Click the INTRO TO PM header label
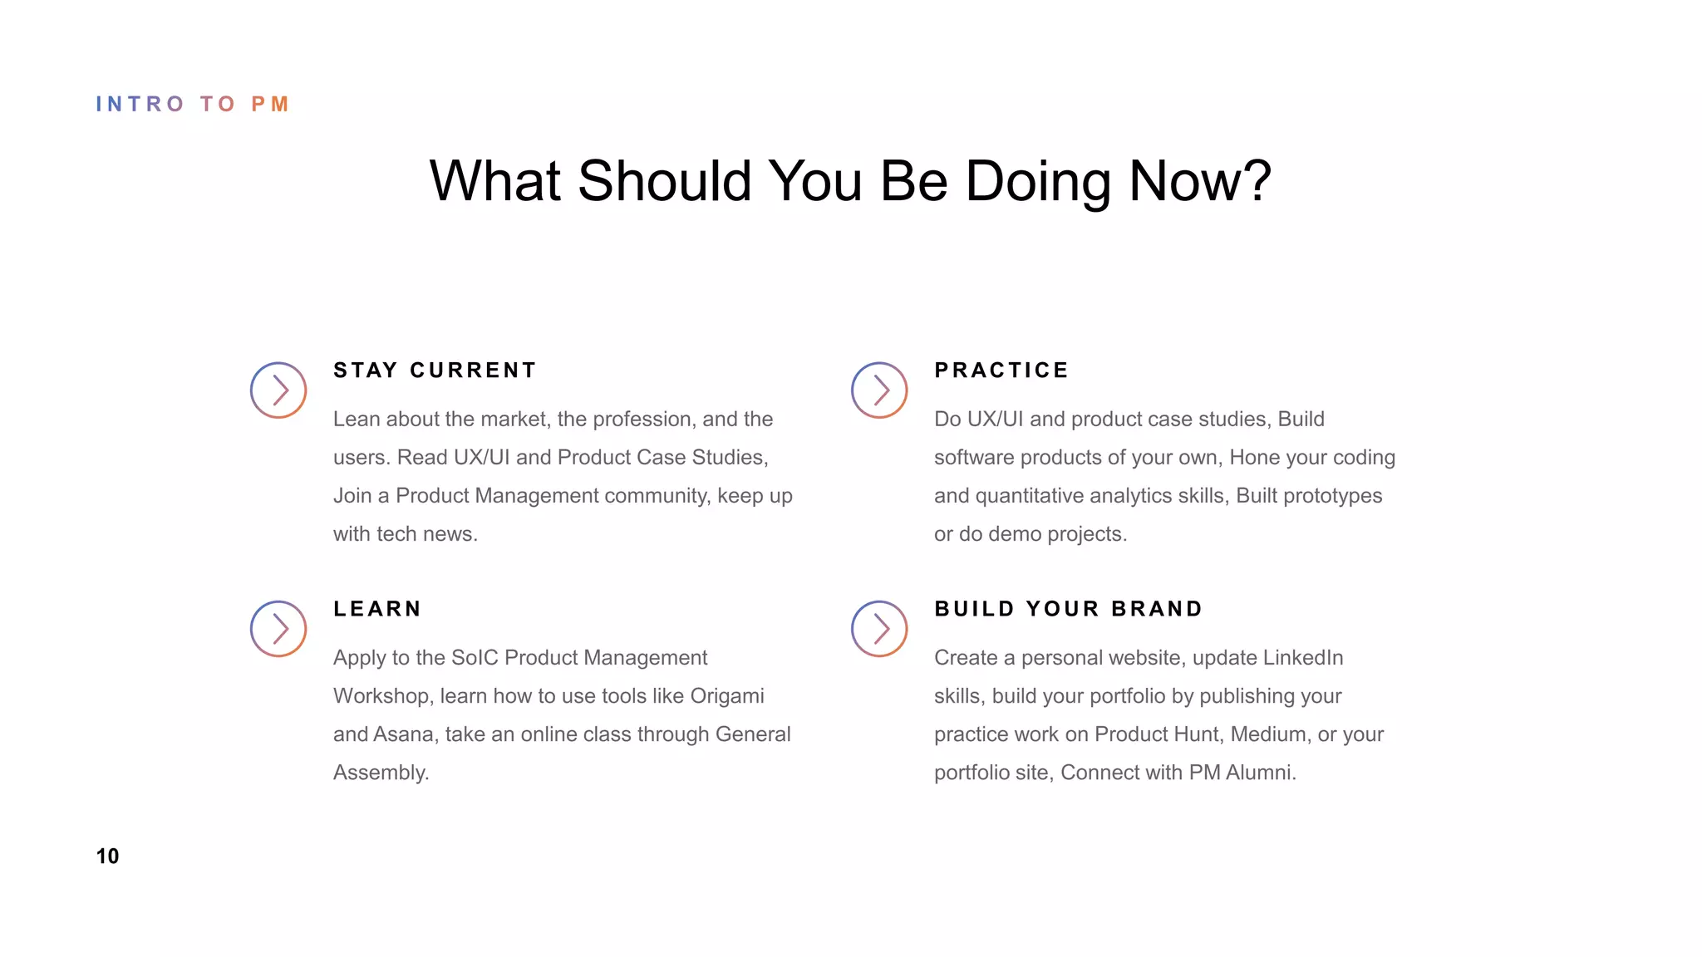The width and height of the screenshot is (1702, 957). pyautogui.click(x=192, y=104)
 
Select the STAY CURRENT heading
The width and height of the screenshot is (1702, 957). pyautogui.click(x=435, y=371)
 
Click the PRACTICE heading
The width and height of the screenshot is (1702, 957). pyautogui.click(x=1001, y=371)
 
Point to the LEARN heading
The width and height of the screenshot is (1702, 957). pyautogui.click(x=377, y=609)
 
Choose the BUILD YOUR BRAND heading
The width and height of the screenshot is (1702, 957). pyautogui.click(x=1068, y=609)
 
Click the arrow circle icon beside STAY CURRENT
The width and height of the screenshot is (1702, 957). pyautogui.click(x=278, y=390)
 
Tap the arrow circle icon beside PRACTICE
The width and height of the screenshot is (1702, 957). pyautogui.click(x=879, y=390)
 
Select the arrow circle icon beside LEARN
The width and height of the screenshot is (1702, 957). pyautogui.click(x=278, y=629)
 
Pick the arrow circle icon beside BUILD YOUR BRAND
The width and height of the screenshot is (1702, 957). pyautogui.click(x=879, y=629)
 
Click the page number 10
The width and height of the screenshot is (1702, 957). pyautogui.click(x=107, y=856)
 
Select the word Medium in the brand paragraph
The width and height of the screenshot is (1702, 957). pyautogui.click(x=1267, y=734)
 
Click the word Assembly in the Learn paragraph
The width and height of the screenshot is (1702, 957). pyautogui.click(x=380, y=773)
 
